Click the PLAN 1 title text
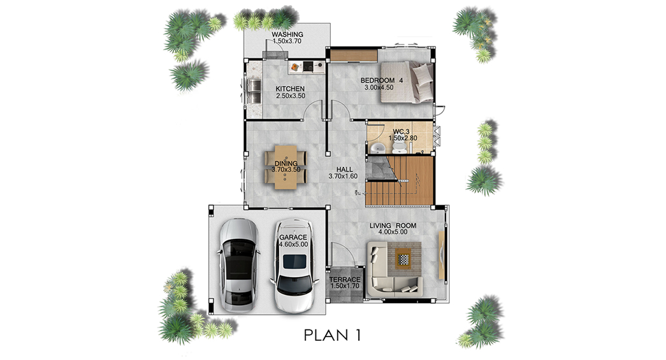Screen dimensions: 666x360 click(332, 335)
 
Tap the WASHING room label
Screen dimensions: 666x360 click(287, 34)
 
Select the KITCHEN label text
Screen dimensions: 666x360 click(290, 89)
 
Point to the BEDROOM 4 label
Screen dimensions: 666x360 click(382, 80)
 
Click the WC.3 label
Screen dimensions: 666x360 click(401, 132)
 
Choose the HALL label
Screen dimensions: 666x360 click(344, 169)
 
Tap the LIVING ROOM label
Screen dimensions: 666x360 click(393, 226)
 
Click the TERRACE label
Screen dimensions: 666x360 click(345, 279)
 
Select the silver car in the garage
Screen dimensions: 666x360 click(238, 265)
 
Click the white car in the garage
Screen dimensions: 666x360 click(295, 266)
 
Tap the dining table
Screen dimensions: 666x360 click(286, 167)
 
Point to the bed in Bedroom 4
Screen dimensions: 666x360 click(407, 82)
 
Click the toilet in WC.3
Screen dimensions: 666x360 click(399, 147)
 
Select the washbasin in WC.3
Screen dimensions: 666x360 click(377, 148)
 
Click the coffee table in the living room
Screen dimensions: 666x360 click(403, 258)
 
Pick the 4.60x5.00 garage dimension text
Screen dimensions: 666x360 click(294, 245)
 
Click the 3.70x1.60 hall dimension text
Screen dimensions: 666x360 click(343, 176)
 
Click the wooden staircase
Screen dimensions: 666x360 click(399, 181)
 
